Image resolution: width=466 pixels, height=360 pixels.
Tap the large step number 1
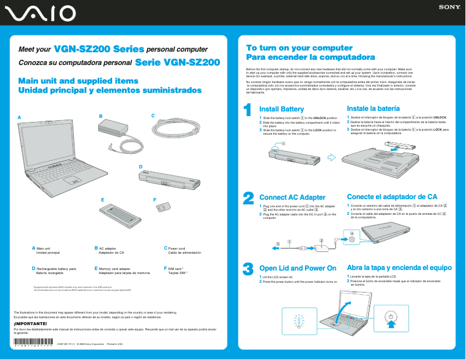248,110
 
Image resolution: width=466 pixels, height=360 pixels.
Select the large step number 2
248,199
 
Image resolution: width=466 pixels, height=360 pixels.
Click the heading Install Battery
281,109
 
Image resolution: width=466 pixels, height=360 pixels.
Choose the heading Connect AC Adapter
292,197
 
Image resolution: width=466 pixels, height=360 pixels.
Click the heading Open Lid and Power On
297,268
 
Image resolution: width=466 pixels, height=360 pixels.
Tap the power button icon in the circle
391,318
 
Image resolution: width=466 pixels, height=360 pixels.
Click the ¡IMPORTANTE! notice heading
30,323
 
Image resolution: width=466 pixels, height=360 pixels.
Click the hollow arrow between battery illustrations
332,157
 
